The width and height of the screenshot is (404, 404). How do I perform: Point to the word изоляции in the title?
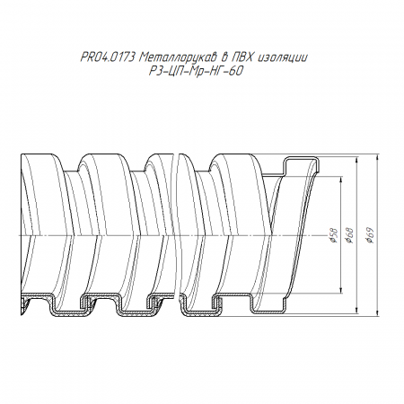pos(282,57)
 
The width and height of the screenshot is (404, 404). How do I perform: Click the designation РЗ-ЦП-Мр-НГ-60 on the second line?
pos(196,71)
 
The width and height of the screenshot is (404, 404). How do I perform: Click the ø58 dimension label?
pos(334,235)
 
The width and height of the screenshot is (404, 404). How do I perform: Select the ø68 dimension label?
pos(349,235)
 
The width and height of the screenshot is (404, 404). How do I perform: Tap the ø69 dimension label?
pos(370,235)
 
